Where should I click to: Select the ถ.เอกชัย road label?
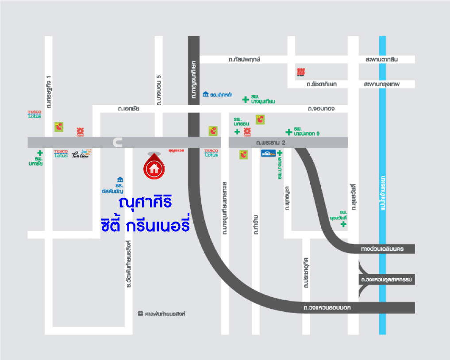[129, 108]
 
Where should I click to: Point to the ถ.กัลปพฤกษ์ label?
[244, 59]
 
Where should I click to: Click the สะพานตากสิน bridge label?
[381, 59]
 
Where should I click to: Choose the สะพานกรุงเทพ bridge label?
[381, 84]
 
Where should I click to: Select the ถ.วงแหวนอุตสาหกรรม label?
[386, 280]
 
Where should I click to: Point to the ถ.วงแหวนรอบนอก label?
[327, 307]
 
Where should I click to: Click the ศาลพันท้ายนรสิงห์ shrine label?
[164, 314]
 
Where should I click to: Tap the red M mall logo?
[301, 72]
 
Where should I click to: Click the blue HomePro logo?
[268, 153]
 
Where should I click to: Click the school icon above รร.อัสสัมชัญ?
[120, 180]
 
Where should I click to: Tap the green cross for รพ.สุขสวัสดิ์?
[343, 224]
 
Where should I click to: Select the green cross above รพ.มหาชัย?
[40, 153]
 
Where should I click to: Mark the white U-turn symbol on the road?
[117, 142]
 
